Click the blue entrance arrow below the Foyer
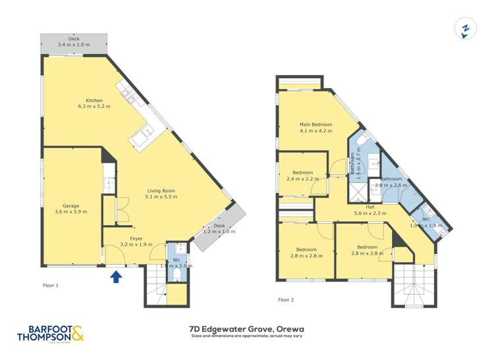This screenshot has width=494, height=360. click(x=116, y=277)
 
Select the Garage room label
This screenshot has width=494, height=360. click(x=70, y=207)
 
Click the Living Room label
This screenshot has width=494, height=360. click(x=161, y=193)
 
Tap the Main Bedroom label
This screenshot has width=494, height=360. click(x=316, y=128)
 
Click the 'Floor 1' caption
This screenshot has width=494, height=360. click(x=51, y=286)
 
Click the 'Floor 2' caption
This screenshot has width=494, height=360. click(x=286, y=299)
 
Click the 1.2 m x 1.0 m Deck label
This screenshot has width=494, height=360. click(x=218, y=229)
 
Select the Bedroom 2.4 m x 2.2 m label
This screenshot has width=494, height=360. click(x=302, y=175)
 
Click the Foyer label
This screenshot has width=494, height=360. click(x=136, y=242)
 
